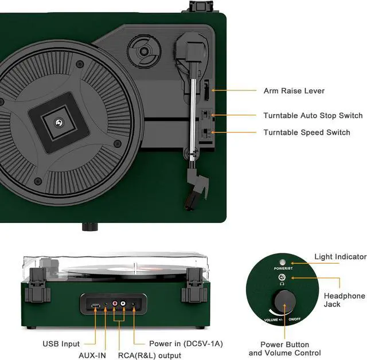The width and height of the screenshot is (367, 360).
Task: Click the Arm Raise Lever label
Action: click(294, 91)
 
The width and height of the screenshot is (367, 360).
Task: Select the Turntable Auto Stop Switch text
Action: click(313, 116)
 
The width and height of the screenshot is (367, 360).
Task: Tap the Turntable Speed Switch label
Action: click(306, 132)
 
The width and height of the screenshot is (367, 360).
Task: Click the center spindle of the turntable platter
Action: click(58, 122)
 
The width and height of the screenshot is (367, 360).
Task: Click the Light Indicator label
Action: click(340, 257)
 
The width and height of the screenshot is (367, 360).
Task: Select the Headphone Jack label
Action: click(344, 300)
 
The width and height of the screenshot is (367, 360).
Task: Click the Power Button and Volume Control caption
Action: click(284, 349)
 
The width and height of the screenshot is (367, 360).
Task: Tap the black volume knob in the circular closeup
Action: click(283, 300)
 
